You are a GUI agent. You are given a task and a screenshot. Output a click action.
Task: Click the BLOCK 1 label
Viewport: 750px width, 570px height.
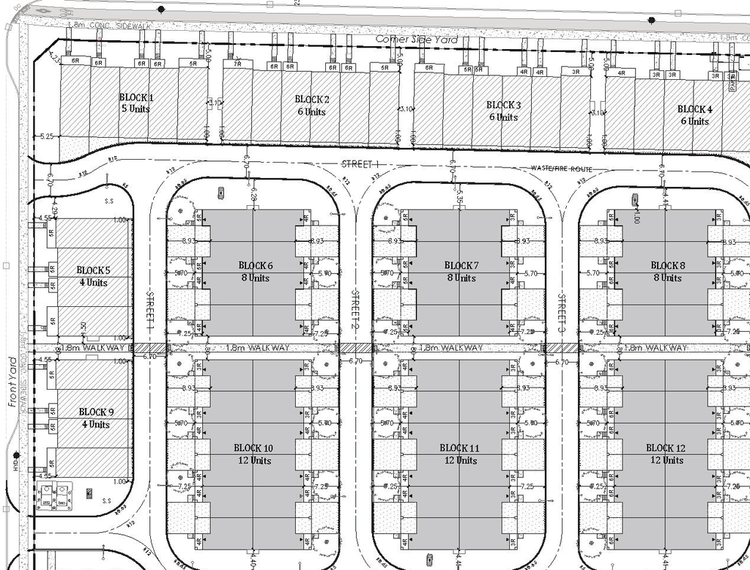coord(136,97)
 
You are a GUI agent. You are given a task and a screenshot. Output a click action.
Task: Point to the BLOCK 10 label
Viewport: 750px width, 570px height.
coord(253,448)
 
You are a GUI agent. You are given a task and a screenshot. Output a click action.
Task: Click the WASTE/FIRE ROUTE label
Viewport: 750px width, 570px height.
coord(562,169)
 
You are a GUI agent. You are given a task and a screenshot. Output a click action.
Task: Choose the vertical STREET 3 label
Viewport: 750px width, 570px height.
coord(562,311)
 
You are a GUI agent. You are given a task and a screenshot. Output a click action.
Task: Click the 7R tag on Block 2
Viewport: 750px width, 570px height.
coord(237,64)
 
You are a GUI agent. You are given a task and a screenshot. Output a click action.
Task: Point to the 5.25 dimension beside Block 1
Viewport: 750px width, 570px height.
coord(48,136)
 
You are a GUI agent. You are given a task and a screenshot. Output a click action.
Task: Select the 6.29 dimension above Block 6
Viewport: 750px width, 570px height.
coord(253,196)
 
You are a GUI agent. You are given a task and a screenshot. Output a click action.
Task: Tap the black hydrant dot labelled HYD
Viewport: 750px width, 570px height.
coord(15,456)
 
